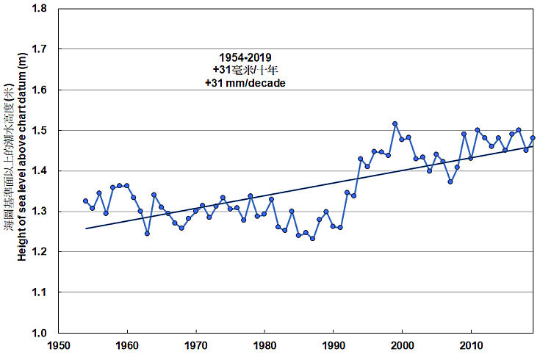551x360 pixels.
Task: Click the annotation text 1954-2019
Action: [245, 57]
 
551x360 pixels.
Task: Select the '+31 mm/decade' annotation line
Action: [245, 83]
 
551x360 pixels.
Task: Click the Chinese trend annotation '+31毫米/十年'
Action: [245, 70]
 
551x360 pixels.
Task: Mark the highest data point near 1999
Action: [395, 124]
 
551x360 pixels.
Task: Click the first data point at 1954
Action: [85, 201]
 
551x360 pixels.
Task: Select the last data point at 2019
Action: [533, 137]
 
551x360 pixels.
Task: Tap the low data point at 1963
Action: [148, 234]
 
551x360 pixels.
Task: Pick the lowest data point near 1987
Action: [312, 238]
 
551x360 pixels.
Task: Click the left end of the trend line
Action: [86, 228]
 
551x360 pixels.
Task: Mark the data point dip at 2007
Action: [450, 181]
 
